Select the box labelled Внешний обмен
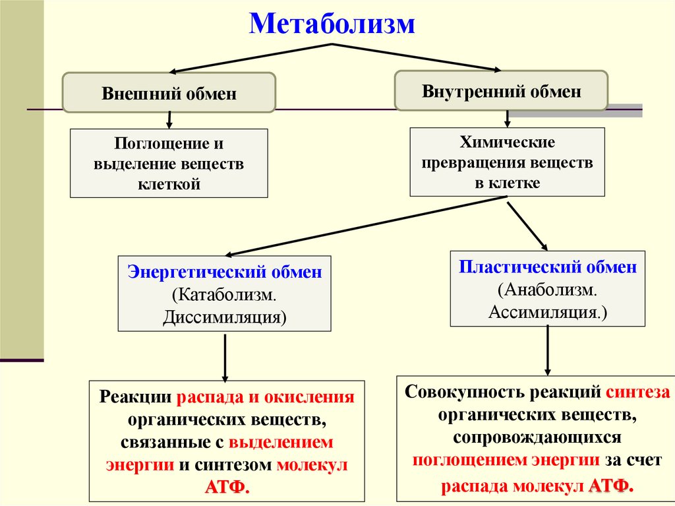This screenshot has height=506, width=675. (x=169, y=93)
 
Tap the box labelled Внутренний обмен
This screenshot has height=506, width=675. (x=501, y=91)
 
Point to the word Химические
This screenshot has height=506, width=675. (x=507, y=142)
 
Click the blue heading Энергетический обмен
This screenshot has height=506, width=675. (x=225, y=272)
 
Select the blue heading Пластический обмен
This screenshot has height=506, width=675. (x=548, y=267)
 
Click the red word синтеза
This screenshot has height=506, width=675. (x=637, y=393)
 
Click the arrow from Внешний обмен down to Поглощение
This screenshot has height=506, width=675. (x=169, y=119)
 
